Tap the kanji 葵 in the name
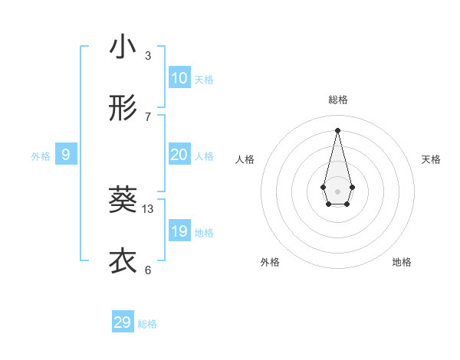[x=123, y=200]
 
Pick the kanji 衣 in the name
[x=123, y=261]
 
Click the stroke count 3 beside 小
[x=148, y=55]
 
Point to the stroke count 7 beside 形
[x=148, y=116]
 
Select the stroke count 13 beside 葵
[x=148, y=208]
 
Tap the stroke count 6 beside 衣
[x=148, y=270]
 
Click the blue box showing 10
[x=179, y=78]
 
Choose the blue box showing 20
[x=179, y=155]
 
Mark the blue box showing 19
[x=179, y=231]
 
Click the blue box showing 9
[x=66, y=155]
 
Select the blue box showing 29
[x=123, y=322]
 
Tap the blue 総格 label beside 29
[x=147, y=324]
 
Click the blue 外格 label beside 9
[x=41, y=156]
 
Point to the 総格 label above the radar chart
[x=338, y=100]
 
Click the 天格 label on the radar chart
[x=431, y=159]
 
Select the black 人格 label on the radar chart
[x=245, y=159]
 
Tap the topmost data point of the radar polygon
[x=338, y=129]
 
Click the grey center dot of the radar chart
[x=338, y=191]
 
